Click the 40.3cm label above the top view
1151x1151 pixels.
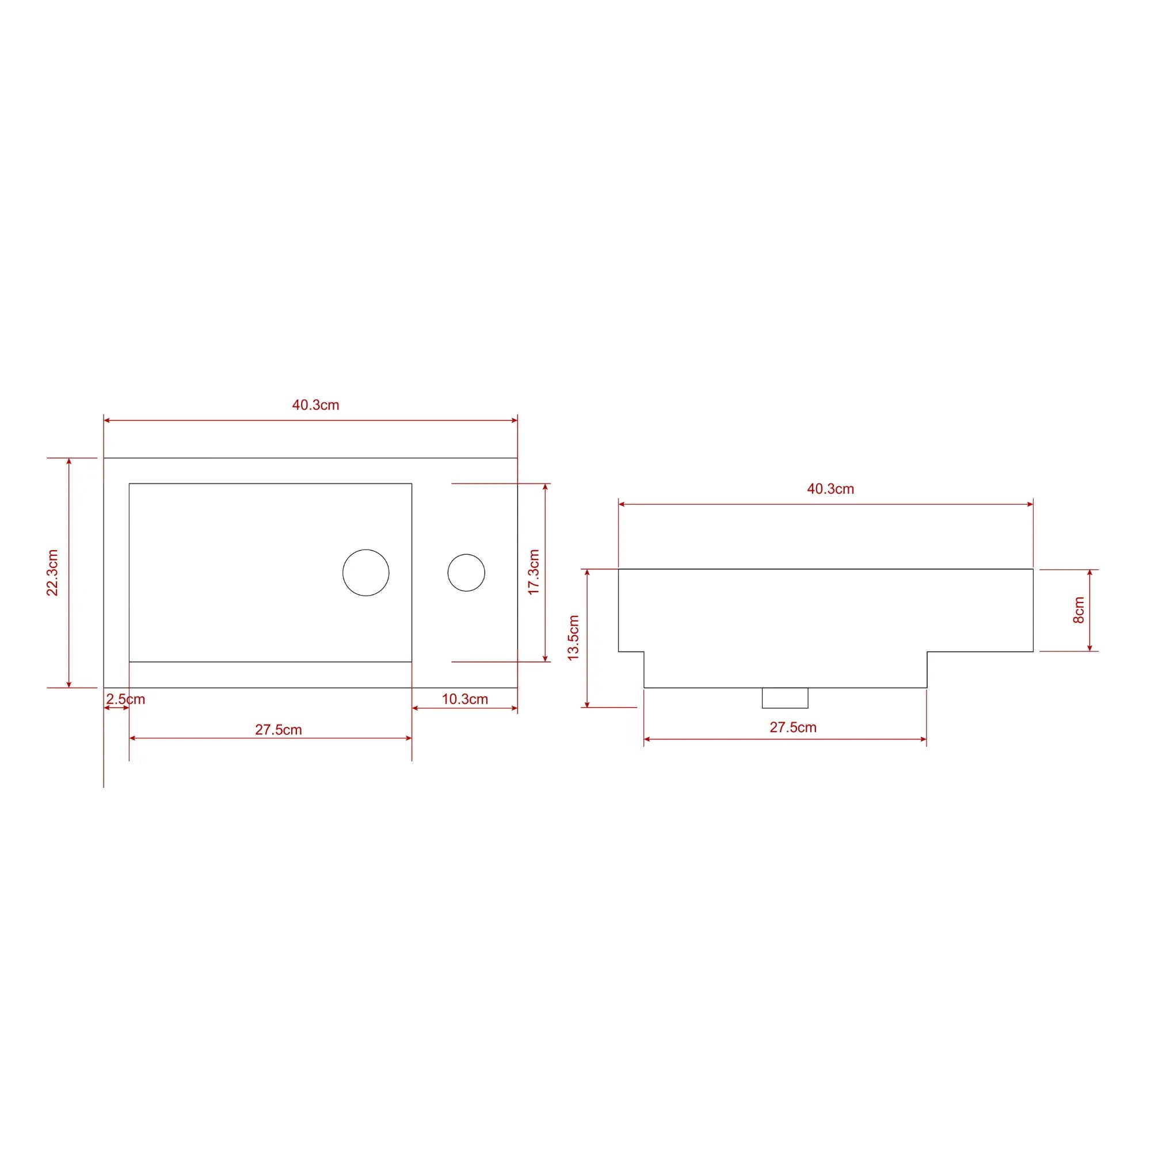click(x=315, y=405)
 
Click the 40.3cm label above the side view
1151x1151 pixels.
click(x=830, y=489)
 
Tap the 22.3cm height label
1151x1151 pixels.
click(x=52, y=573)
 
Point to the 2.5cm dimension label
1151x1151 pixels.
click(x=125, y=699)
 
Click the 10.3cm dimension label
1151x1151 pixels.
click(x=464, y=699)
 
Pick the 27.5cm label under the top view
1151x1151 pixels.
click(x=278, y=730)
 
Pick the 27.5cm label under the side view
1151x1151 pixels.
click(x=792, y=727)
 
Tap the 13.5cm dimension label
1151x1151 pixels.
click(x=573, y=638)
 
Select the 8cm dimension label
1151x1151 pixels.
click(x=1079, y=610)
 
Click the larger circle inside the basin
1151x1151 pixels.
click(x=366, y=573)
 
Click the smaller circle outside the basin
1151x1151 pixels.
click(x=466, y=573)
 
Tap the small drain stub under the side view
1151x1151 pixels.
click(x=784, y=698)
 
